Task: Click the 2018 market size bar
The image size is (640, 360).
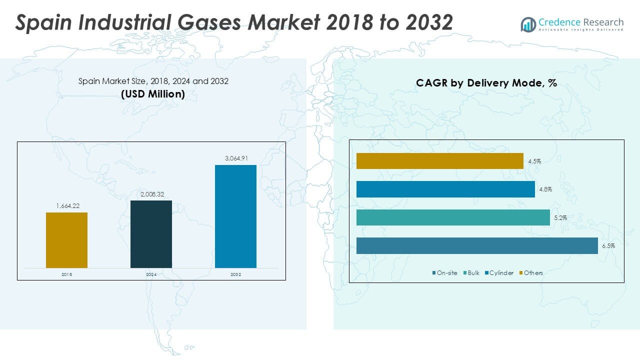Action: tap(66, 240)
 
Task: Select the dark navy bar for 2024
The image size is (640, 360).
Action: tap(151, 234)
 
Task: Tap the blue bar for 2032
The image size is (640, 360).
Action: tap(235, 216)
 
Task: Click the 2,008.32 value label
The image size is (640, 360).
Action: tap(151, 193)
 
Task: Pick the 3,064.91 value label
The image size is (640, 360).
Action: tap(235, 158)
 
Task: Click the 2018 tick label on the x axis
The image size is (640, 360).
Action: tap(66, 274)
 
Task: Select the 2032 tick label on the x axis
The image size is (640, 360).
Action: tap(235, 274)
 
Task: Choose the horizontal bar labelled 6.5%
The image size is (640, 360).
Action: tap(477, 245)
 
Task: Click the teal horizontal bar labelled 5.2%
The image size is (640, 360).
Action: tap(453, 217)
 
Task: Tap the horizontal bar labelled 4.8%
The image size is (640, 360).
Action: tap(445, 189)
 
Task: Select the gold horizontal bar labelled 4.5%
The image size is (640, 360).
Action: tap(440, 161)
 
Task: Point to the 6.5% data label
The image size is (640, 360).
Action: tap(608, 246)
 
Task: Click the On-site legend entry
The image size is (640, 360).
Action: tap(444, 272)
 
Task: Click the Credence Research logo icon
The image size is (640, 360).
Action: tap(528, 24)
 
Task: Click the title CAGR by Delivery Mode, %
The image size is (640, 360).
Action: tap(486, 83)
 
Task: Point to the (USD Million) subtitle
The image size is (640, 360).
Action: tap(153, 93)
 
